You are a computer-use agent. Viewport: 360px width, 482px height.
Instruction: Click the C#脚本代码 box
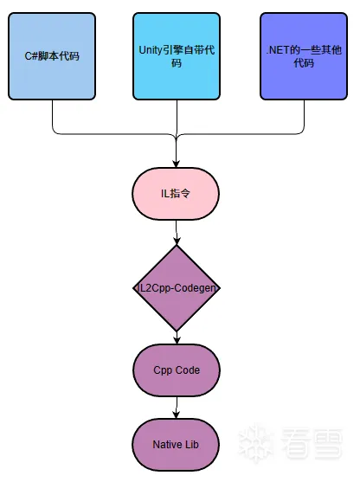[x=52, y=56]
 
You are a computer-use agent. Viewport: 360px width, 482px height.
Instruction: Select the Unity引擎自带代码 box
[x=177, y=56]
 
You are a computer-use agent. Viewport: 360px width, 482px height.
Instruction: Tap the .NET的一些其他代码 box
[x=304, y=56]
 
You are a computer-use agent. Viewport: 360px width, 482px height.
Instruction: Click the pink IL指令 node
[x=176, y=194]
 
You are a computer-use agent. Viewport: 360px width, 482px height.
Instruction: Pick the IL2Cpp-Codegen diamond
[x=177, y=288]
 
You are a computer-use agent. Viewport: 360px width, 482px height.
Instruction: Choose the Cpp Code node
[x=177, y=370]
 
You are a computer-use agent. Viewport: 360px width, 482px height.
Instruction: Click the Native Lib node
[x=176, y=445]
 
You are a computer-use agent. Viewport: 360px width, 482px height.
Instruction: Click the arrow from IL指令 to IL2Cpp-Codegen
[x=177, y=233]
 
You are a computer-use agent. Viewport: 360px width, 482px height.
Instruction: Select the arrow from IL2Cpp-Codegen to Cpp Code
[x=177, y=337]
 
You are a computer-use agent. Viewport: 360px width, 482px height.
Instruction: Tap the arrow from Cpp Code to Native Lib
[x=177, y=408]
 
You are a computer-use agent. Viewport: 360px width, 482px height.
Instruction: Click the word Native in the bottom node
[x=164, y=445]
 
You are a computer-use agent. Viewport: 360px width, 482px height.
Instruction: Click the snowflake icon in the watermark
[x=256, y=443]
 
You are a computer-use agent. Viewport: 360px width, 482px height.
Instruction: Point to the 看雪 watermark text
[x=312, y=444]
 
